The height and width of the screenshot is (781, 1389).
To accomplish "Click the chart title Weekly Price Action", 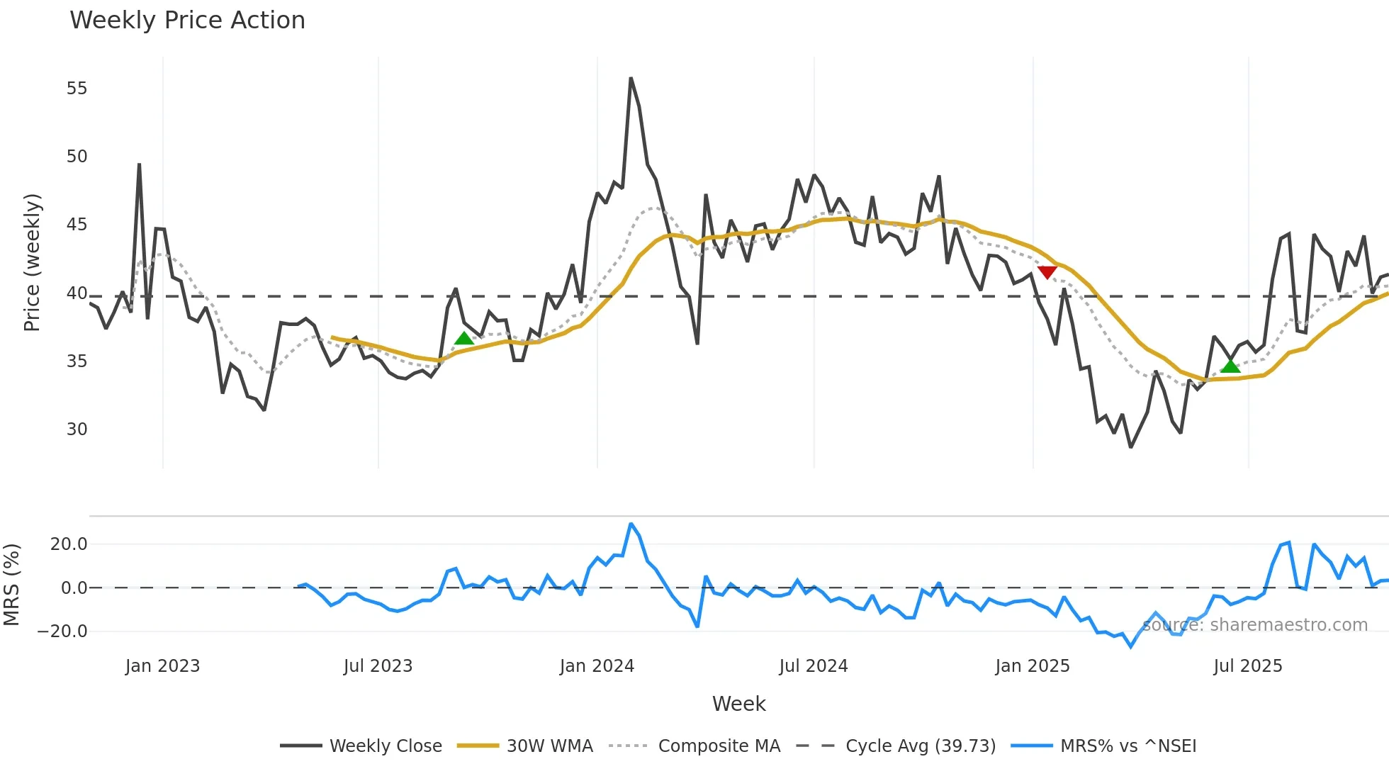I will [187, 21].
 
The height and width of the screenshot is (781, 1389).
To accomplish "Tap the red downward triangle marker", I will [1047, 272].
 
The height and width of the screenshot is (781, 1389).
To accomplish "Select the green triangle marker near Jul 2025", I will [1230, 366].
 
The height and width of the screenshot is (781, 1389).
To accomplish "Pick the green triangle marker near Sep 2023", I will [464, 338].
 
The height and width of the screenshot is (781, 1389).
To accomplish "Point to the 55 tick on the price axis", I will [77, 89].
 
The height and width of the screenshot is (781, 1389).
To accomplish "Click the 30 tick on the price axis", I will [77, 429].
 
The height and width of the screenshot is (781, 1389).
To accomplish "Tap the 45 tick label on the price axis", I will [77, 225].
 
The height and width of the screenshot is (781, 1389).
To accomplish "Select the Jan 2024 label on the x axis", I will [597, 666].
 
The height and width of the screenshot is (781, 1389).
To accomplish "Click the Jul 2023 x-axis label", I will [378, 666].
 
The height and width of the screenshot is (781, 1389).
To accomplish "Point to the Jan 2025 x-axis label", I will [1032, 666].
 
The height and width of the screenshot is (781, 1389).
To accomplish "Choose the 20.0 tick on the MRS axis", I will [69, 544].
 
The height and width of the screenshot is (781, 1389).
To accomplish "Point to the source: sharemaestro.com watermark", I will [1254, 625].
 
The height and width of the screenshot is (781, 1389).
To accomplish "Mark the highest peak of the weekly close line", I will [631, 79].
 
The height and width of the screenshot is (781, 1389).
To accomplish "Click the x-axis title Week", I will [738, 704].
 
